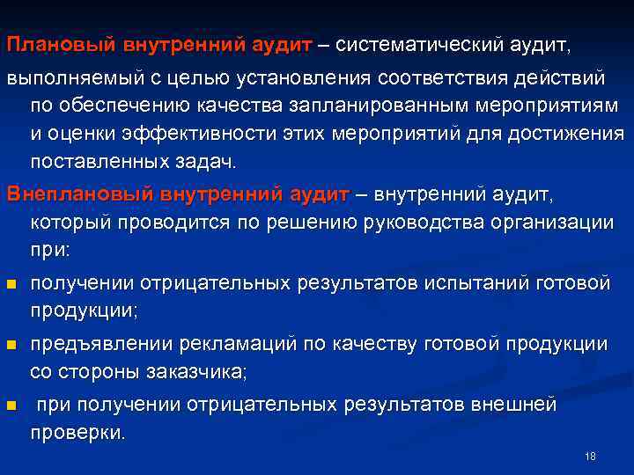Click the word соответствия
[445, 78]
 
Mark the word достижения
[569, 135]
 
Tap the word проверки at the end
[77, 433]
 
